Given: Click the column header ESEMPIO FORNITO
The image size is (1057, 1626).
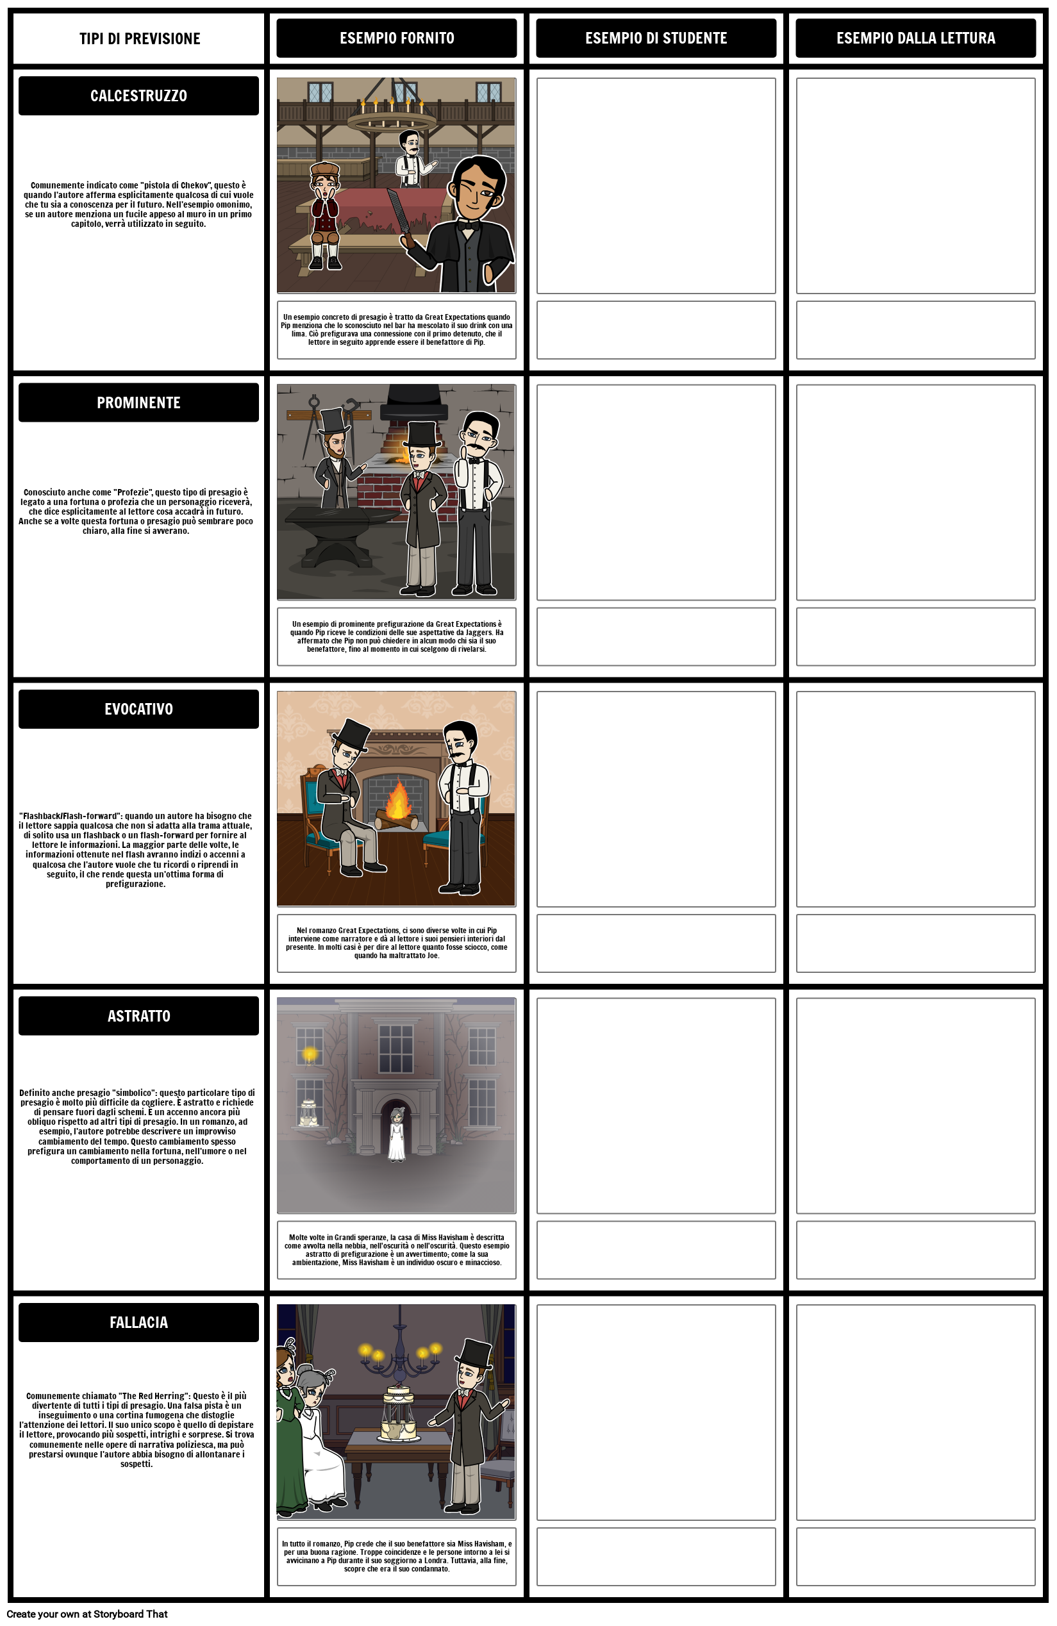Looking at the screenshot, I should coord(396,38).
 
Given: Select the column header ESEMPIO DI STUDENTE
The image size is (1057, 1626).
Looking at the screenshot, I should coord(656,38).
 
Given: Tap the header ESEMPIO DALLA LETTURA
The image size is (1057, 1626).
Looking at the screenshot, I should coord(915,38).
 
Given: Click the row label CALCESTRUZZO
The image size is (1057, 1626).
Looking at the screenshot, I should coord(138,95).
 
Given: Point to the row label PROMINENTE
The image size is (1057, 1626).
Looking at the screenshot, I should coord(138,402).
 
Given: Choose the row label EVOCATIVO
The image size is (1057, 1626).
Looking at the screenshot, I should coord(138,709).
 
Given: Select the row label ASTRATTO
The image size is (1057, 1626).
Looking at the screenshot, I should coord(138,1016).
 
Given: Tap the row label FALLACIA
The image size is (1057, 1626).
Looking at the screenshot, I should coord(138,1322).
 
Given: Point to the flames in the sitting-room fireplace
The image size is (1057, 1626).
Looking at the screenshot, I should coord(397,800).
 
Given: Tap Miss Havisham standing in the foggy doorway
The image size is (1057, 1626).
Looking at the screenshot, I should coord(397,1135).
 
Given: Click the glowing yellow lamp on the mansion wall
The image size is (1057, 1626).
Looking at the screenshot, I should coord(310,1054).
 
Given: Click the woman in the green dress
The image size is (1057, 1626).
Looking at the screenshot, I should coord(290,1428).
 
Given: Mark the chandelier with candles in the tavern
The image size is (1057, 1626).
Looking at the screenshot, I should coord(392,116).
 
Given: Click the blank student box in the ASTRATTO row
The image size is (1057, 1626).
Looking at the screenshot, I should coord(656,1106).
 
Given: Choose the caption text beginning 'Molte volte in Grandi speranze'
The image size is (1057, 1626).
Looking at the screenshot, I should coord(396,1250).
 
